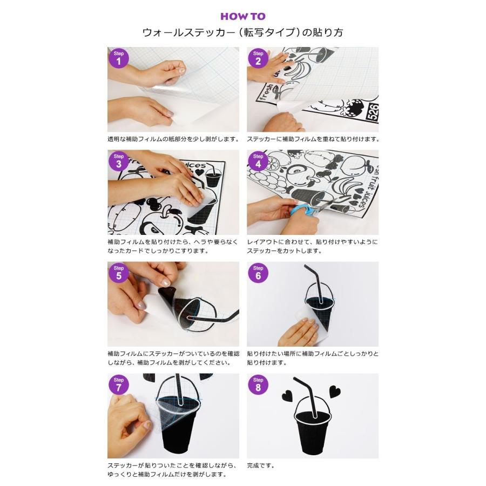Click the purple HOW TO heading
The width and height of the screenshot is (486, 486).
pyautogui.click(x=242, y=16)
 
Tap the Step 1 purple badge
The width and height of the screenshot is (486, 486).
pyautogui.click(x=119, y=58)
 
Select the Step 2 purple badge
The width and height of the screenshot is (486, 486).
pyautogui.click(x=258, y=58)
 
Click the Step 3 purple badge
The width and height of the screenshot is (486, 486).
pyautogui.click(x=119, y=161)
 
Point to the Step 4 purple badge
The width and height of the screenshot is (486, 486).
pyautogui.click(x=258, y=161)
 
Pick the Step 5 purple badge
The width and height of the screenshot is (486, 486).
pyautogui.click(x=119, y=273)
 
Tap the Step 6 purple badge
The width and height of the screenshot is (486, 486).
pyautogui.click(x=258, y=273)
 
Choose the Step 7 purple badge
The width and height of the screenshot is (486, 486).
pyautogui.click(x=119, y=384)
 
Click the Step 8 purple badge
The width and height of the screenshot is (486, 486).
pyautogui.click(x=258, y=384)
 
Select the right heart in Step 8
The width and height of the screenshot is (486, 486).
pyautogui.click(x=335, y=391)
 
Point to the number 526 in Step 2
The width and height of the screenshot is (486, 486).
pyautogui.click(x=372, y=112)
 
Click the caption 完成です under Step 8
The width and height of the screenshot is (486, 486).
pyautogui.click(x=261, y=465)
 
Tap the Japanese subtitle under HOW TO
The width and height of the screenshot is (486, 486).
pyautogui.click(x=242, y=32)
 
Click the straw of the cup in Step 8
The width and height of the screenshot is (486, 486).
pyautogui.click(x=307, y=396)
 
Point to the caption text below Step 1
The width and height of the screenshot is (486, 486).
pyautogui.click(x=173, y=139)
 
